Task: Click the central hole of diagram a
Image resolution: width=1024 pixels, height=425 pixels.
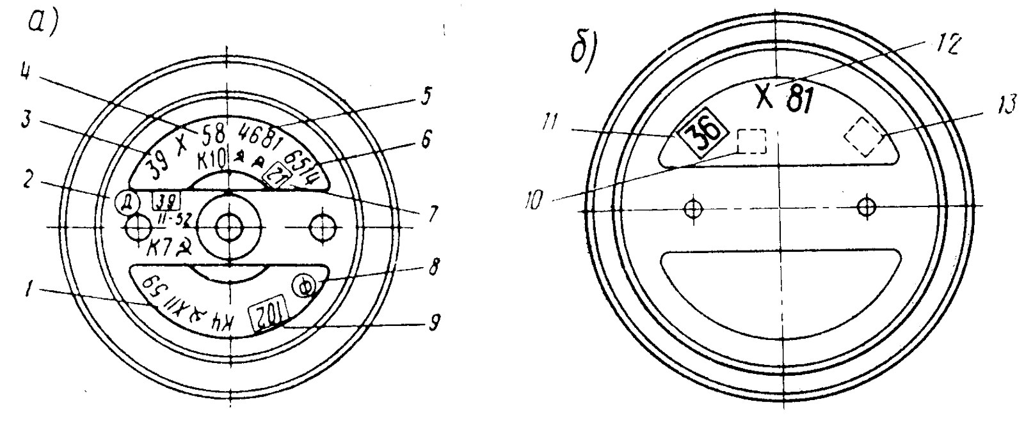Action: coord(228,226)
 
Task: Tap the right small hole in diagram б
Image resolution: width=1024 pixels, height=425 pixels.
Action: coord(867,206)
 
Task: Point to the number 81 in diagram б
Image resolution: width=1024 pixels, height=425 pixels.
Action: coord(800,98)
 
